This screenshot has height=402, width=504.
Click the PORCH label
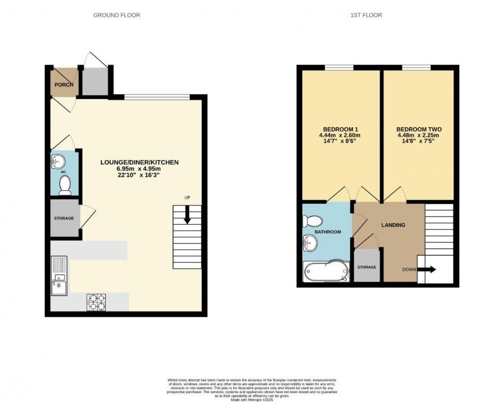(x=64, y=85)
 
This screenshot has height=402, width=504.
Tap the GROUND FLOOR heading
(x=117, y=15)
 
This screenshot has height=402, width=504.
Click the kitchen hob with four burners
(x=96, y=302)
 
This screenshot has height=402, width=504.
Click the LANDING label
(x=393, y=225)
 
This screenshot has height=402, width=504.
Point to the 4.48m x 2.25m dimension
(x=419, y=135)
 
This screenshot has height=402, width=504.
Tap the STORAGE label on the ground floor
(x=64, y=218)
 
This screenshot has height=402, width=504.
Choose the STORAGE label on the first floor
(x=367, y=267)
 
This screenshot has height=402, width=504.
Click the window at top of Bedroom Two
(x=416, y=68)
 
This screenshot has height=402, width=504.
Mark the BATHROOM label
(x=328, y=232)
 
